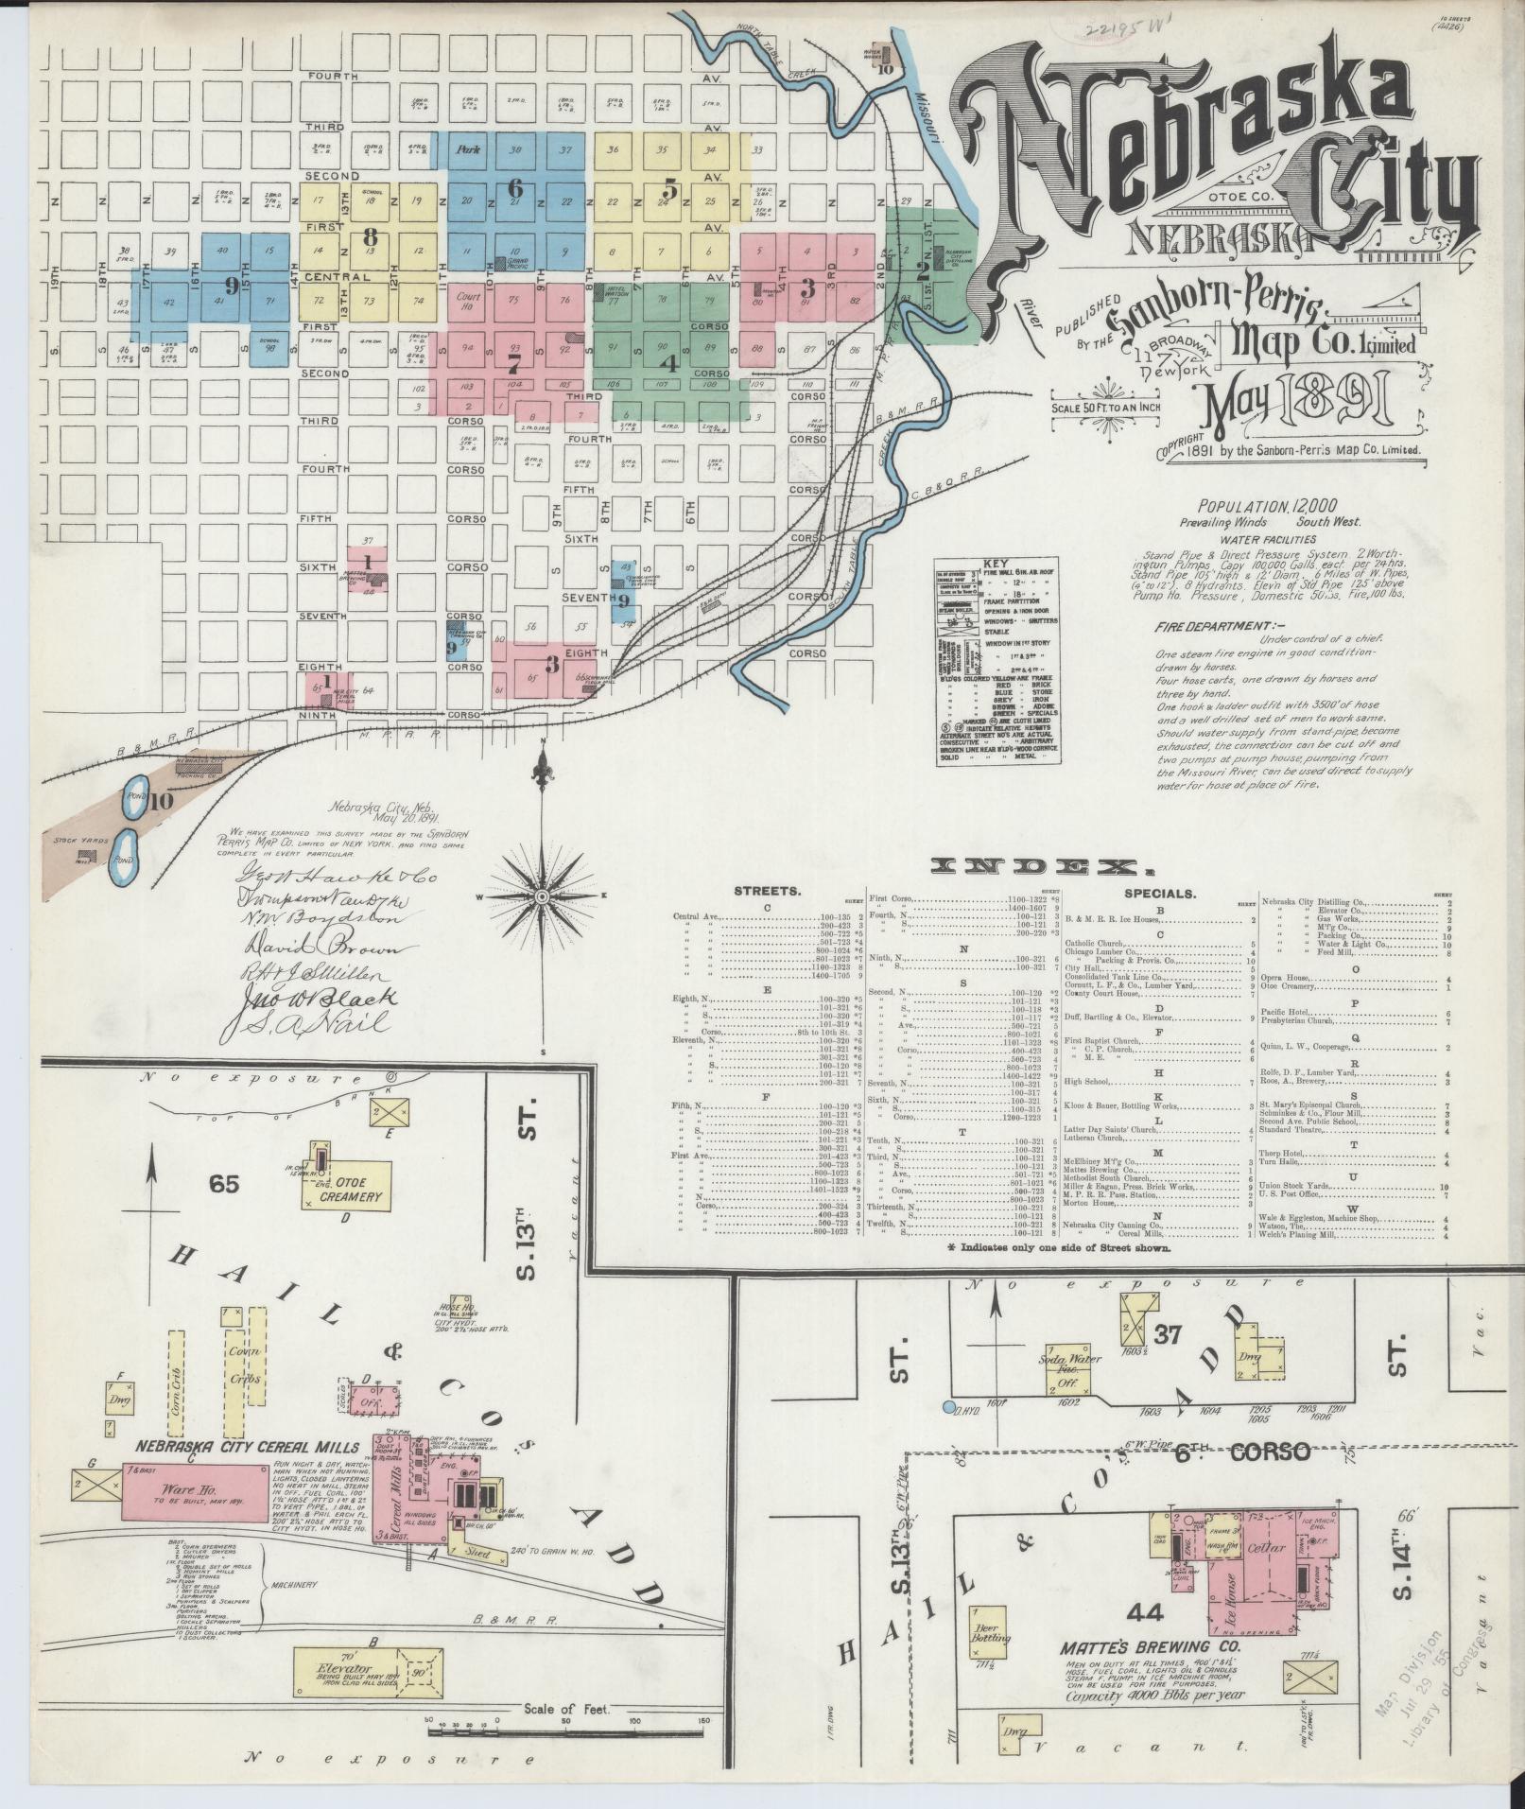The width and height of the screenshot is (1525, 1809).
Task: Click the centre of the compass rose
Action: [x=543, y=896]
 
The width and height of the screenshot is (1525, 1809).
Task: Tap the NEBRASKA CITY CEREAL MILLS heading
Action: [x=246, y=1447]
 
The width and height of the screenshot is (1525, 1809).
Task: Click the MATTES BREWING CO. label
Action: [x=1152, y=1646]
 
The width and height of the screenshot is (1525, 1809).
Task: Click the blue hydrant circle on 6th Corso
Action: [x=949, y=1408]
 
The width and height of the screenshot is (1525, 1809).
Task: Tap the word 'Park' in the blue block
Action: [x=468, y=149]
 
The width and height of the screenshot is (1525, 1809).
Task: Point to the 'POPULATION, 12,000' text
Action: [x=1256, y=506]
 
